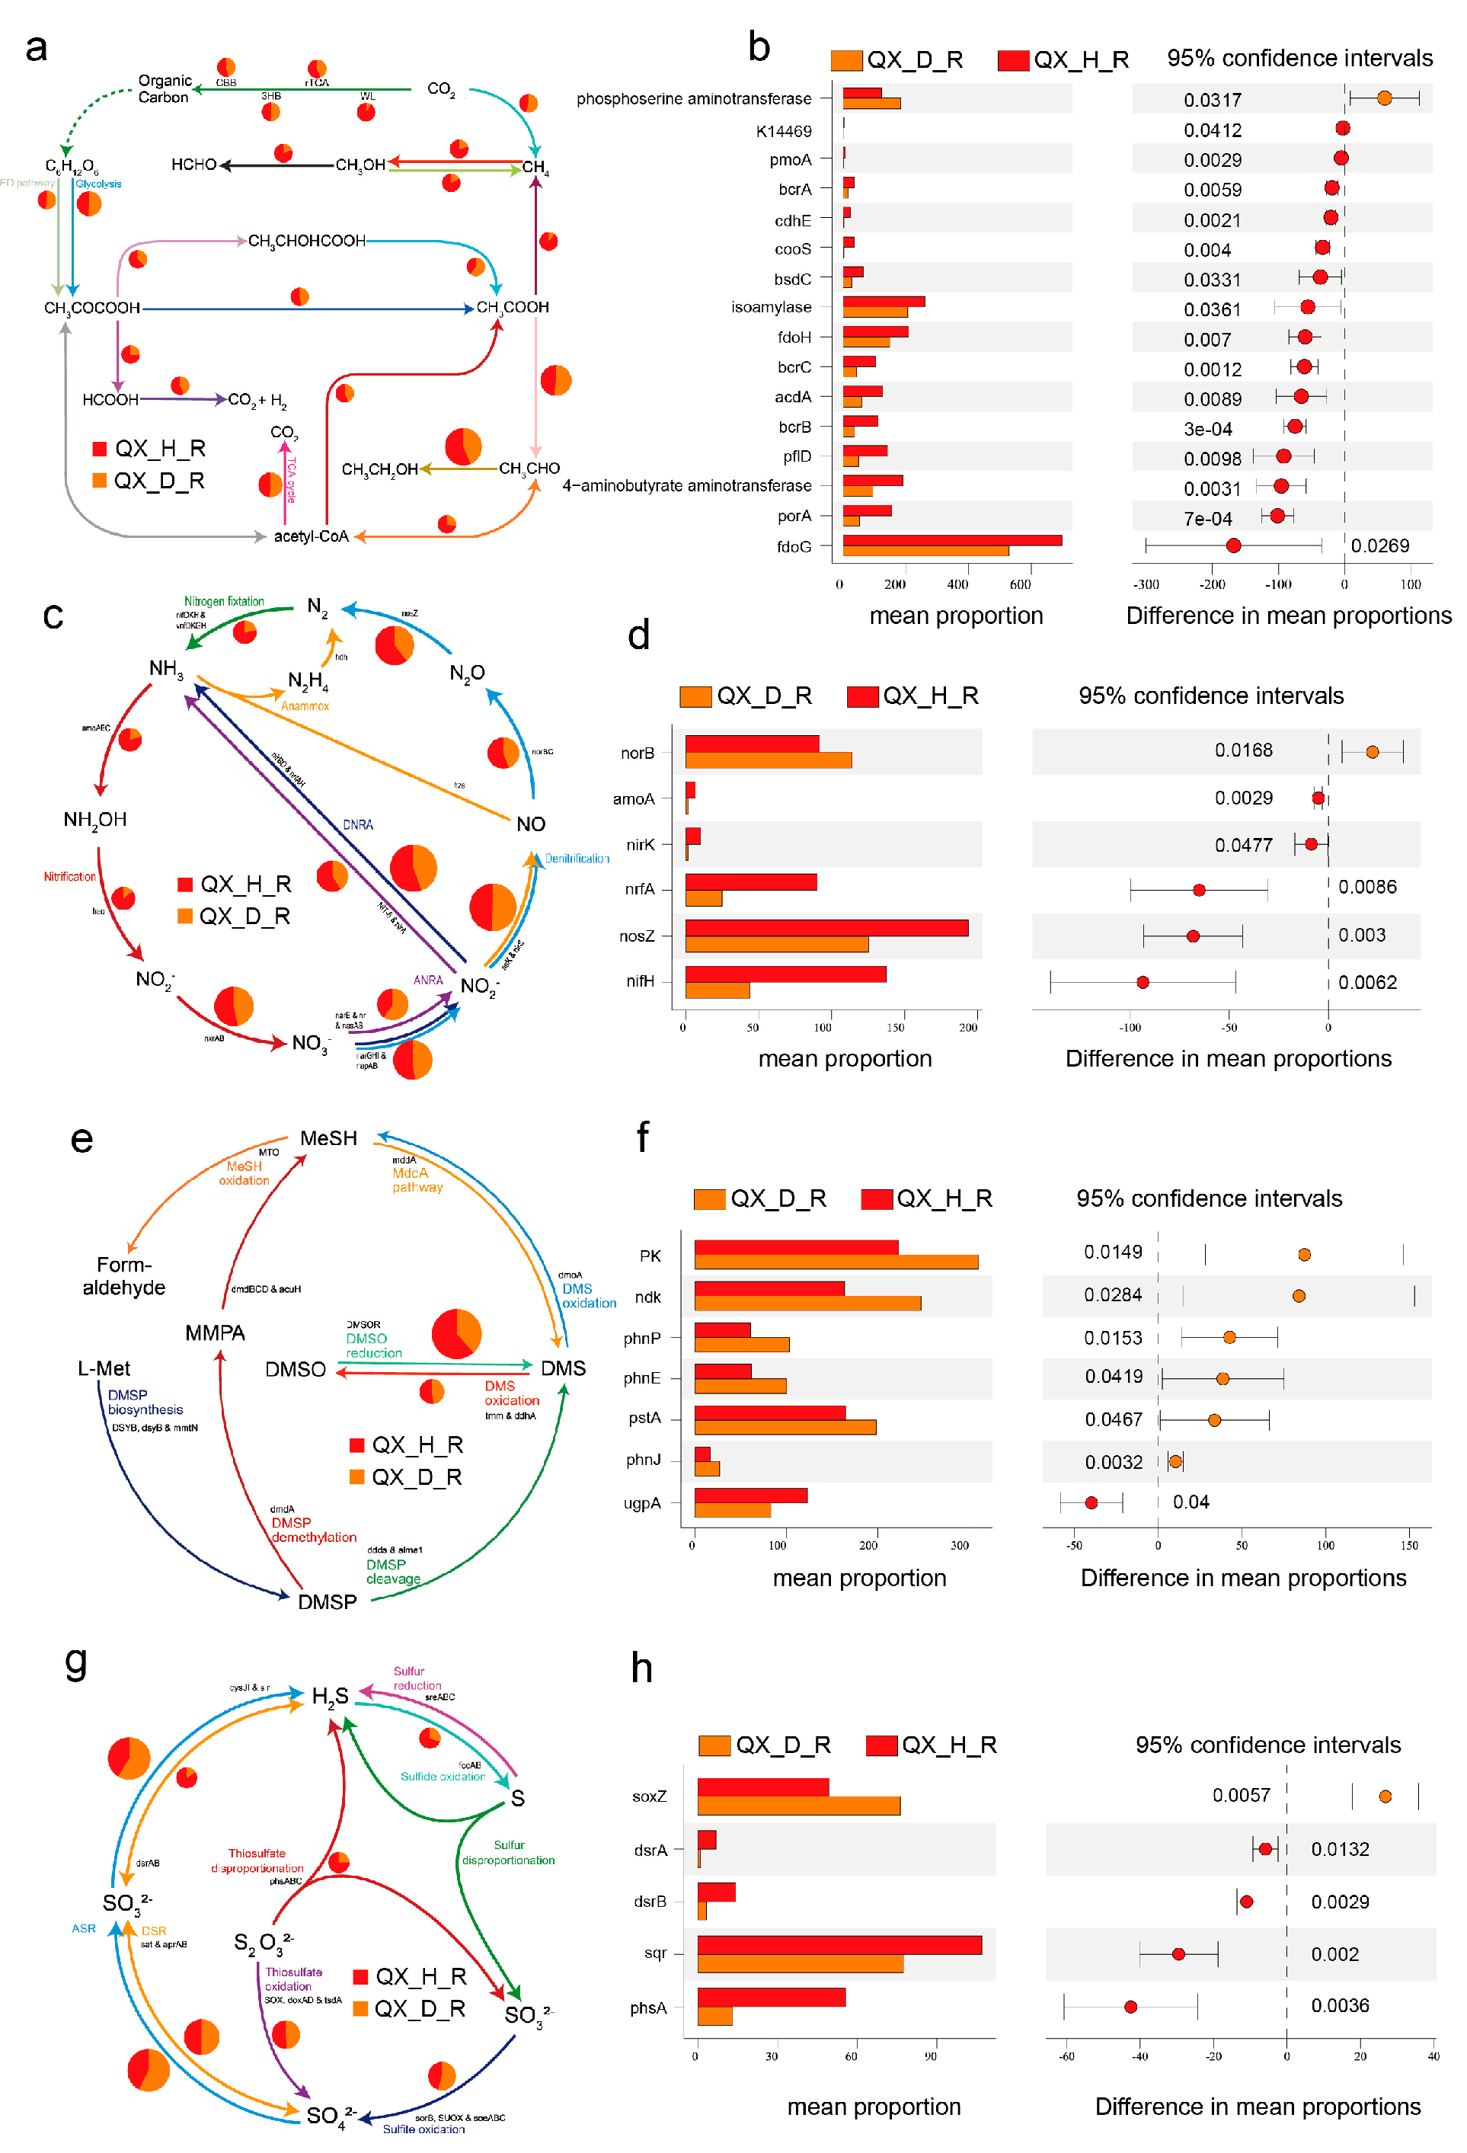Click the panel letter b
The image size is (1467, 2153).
759,46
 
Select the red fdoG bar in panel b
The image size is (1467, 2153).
951,540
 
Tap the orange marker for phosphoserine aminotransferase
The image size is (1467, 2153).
1384,98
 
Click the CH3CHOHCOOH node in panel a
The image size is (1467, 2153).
306,241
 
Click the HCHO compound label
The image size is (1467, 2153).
193,165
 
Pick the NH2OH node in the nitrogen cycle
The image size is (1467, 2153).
94,820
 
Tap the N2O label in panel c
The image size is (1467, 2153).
467,673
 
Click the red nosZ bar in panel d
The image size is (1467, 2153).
826,927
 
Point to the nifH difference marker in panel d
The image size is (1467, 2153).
1142,982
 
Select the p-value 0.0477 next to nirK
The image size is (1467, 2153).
1245,845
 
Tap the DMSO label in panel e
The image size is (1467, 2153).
296,1369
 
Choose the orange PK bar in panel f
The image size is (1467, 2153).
836,1262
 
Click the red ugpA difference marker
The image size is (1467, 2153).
1091,1502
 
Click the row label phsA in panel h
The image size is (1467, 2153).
648,2007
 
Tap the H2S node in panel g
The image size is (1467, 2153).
330,1697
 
